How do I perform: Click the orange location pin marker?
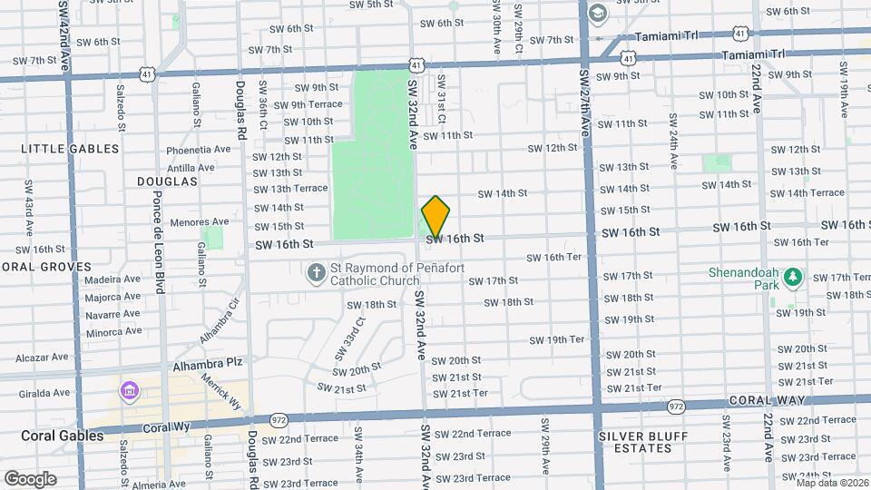pyautogui.click(x=435, y=218)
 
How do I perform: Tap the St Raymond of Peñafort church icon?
pyautogui.click(x=316, y=272)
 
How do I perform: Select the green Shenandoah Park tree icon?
pyautogui.click(x=793, y=277)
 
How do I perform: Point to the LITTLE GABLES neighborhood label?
pyautogui.click(x=70, y=148)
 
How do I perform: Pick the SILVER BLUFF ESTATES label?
pyautogui.click(x=643, y=443)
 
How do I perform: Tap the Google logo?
pyautogui.click(x=30, y=478)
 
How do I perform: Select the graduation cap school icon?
pyautogui.click(x=598, y=13)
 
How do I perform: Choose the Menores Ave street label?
pyautogui.click(x=200, y=221)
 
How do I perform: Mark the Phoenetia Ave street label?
pyautogui.click(x=199, y=149)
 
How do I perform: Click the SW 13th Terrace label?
pyautogui.click(x=290, y=189)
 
